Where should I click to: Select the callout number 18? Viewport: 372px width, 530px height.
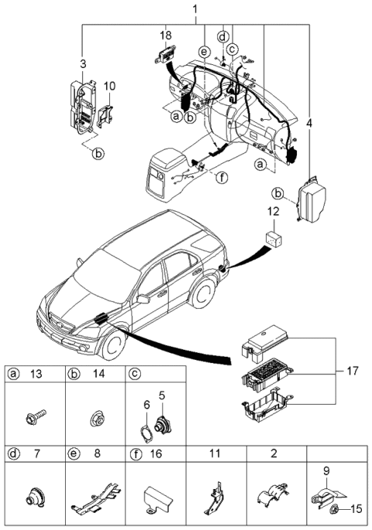coord(166,36)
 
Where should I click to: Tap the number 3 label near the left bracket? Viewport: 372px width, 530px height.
coord(84,61)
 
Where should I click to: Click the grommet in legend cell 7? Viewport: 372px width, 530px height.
coord(35,497)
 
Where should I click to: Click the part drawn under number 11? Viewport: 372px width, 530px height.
coord(218,498)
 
